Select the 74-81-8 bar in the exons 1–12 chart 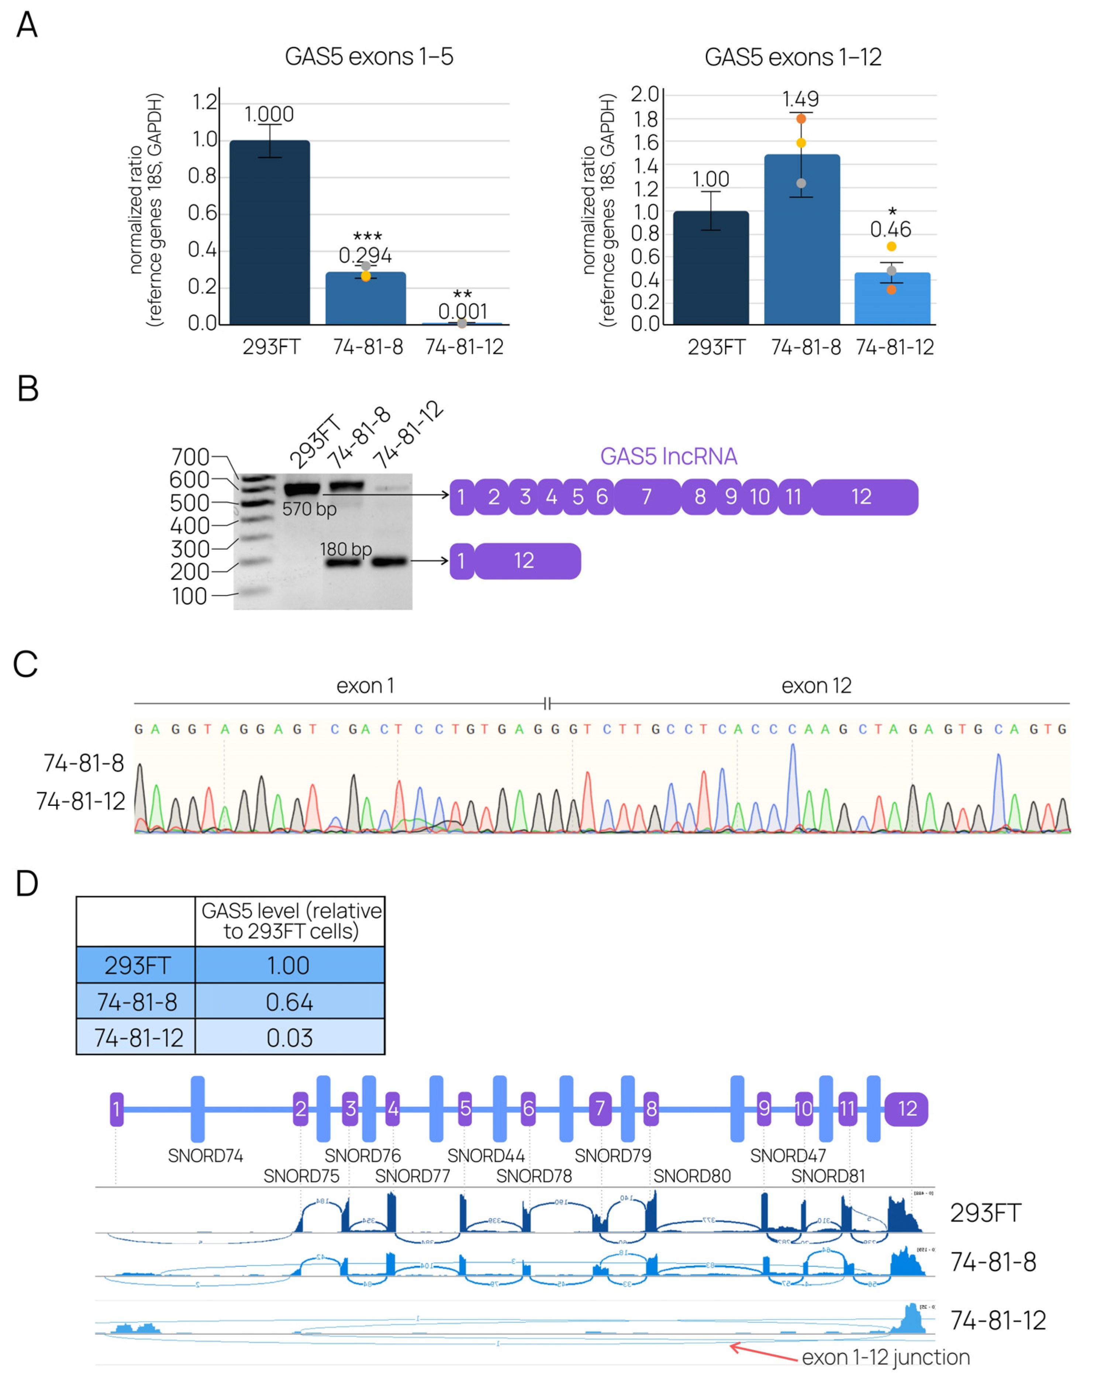pos(801,239)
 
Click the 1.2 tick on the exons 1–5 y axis pos(204,102)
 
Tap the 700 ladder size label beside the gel pos(190,457)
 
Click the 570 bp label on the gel pos(309,509)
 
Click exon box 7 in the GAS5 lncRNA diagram pos(646,497)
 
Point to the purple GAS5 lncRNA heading pos(668,456)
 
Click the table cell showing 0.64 pos(289,1002)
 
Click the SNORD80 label pos(692,1176)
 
